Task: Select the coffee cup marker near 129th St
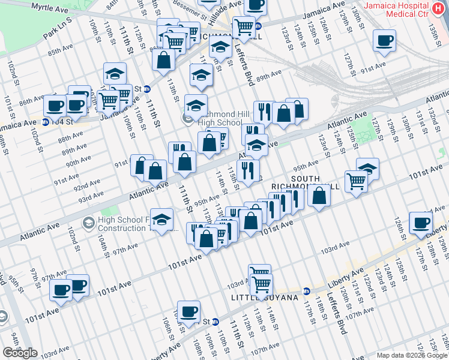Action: point(384,41)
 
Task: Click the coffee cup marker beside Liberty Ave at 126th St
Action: point(420,223)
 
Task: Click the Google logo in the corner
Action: point(20,353)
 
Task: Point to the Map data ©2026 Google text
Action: point(411,355)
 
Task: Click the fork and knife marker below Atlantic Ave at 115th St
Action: point(247,170)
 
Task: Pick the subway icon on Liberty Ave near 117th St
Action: point(306,290)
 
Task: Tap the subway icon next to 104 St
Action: point(46,122)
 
